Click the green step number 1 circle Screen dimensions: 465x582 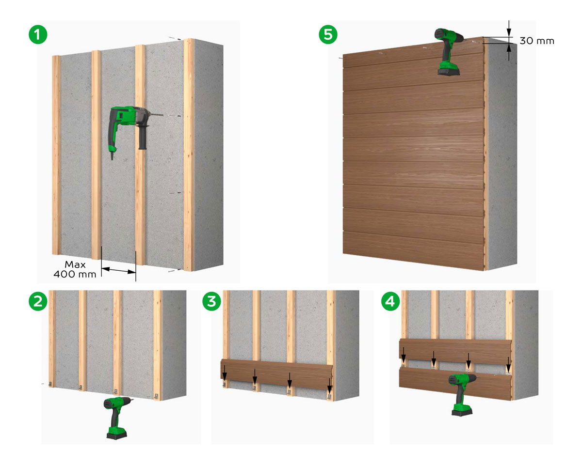[38, 35]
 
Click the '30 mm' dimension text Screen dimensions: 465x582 [536, 41]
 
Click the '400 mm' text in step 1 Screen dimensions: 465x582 [75, 274]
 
